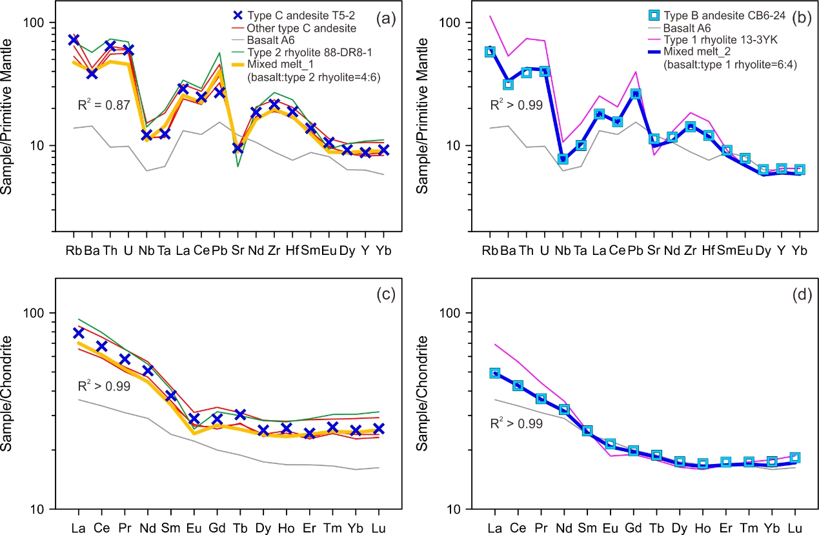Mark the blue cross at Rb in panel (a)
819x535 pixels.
click(74, 40)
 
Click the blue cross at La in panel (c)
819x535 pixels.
click(79, 333)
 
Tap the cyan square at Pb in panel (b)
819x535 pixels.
click(636, 94)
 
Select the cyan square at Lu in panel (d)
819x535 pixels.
click(795, 458)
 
